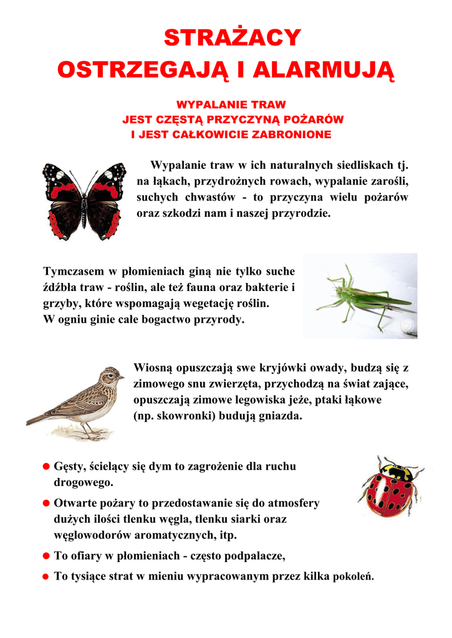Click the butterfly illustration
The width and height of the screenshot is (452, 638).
(x=84, y=201)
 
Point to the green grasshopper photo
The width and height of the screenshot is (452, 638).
(x=360, y=296)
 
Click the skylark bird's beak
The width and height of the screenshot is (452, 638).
(x=122, y=377)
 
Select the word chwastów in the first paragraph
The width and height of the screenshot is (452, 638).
(x=209, y=198)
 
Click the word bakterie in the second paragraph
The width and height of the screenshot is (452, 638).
(x=267, y=288)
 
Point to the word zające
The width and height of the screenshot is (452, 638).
(x=390, y=384)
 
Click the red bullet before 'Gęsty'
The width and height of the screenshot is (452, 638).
(x=46, y=467)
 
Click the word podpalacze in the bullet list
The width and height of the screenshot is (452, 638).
(x=257, y=556)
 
